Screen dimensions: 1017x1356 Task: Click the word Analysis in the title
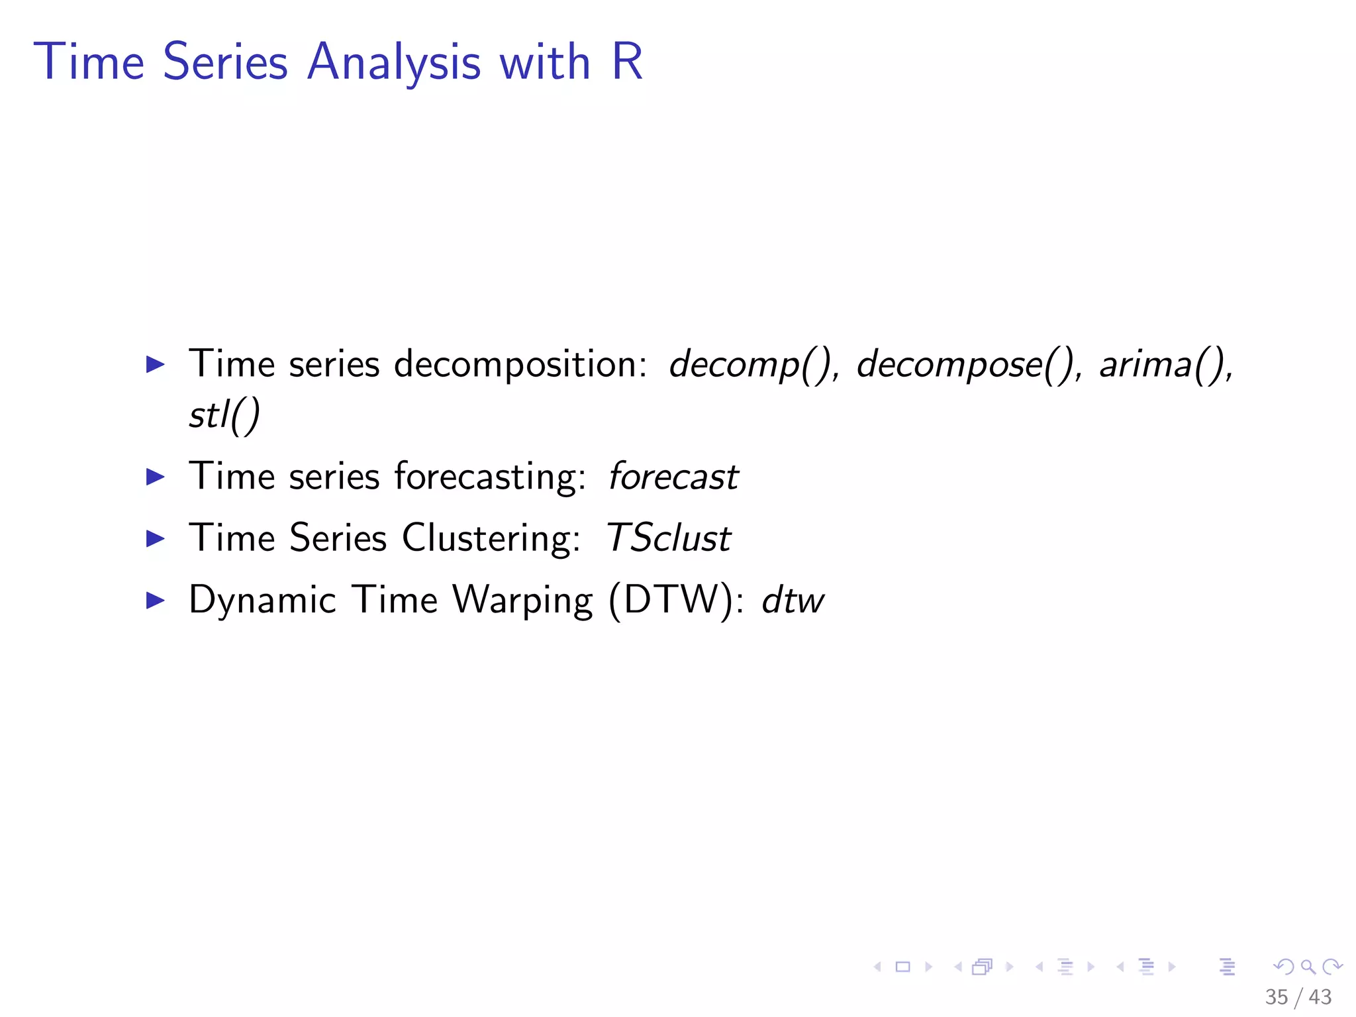click(393, 62)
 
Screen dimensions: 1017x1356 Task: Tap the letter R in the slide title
click(626, 62)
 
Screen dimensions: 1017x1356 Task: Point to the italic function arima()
click(1164, 364)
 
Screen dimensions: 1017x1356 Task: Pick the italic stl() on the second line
click(224, 416)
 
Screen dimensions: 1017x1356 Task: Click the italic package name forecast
click(673, 477)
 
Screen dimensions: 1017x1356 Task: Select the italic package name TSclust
click(668, 538)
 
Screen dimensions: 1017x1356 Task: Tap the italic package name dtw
click(793, 601)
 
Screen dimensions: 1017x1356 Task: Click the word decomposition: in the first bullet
click(520, 364)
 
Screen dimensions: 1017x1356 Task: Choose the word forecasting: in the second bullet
click(490, 477)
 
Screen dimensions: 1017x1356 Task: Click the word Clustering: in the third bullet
click(491, 538)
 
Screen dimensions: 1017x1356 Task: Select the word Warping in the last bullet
click(522, 601)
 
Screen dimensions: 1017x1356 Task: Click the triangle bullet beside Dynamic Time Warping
click(155, 601)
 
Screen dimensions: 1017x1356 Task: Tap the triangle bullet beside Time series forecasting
click(155, 477)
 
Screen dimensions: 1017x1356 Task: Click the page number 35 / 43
click(1298, 997)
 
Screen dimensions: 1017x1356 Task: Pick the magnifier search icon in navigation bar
click(1308, 967)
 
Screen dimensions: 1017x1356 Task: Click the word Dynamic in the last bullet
click(262, 601)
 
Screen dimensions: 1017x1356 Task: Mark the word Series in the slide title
click(225, 62)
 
